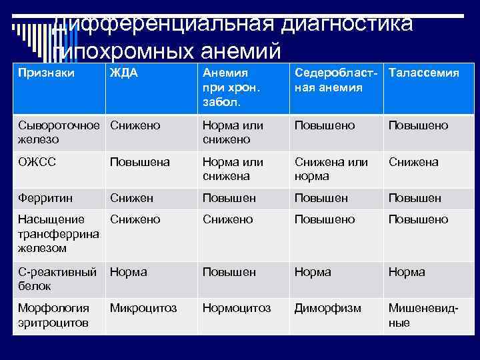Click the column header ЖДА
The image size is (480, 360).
(x=124, y=73)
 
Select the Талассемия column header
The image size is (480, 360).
(x=423, y=73)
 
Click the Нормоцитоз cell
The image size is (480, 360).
(x=237, y=309)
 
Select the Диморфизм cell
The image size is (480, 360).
(x=327, y=309)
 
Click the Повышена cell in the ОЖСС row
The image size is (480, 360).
(x=140, y=162)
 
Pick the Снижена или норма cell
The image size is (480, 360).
(x=331, y=169)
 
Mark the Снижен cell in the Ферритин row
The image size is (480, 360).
(x=131, y=198)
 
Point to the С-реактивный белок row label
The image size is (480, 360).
(x=57, y=279)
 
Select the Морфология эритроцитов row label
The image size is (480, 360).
(x=54, y=315)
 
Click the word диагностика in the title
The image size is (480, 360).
(x=347, y=25)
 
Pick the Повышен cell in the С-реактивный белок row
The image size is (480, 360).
(x=229, y=272)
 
